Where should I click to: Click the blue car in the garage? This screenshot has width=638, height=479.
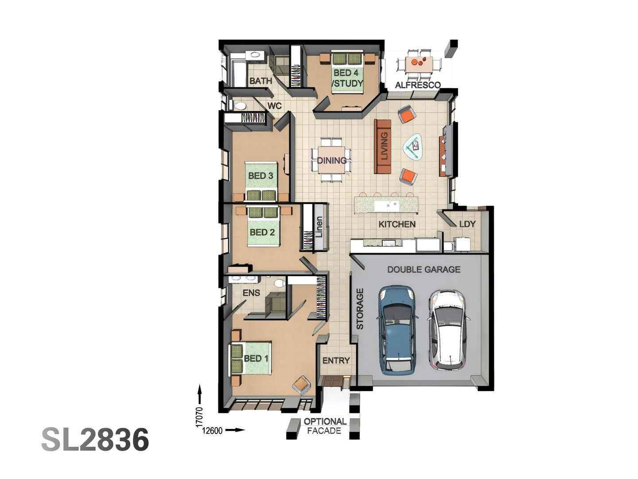click(x=397, y=330)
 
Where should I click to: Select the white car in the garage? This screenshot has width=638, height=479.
click(x=447, y=330)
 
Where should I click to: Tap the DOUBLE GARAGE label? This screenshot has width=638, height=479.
click(x=424, y=269)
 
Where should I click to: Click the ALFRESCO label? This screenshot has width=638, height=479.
click(x=417, y=85)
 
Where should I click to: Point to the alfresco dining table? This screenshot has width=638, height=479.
click(x=419, y=63)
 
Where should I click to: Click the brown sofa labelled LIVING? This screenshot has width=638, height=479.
click(x=383, y=146)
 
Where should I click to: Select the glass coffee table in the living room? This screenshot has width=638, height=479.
click(x=413, y=147)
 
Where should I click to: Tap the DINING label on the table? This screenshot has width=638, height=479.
click(x=331, y=161)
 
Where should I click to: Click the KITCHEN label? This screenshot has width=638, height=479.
click(x=397, y=224)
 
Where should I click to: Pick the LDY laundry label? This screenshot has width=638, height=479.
click(x=467, y=224)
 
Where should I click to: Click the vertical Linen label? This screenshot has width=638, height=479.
click(x=319, y=227)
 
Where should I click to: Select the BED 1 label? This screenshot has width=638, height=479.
click(x=256, y=358)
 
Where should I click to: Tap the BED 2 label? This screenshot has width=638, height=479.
click(x=262, y=232)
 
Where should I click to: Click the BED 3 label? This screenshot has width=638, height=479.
click(x=261, y=176)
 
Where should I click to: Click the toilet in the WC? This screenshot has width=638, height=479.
click(x=240, y=106)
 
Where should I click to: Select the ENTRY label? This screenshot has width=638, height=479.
click(x=336, y=361)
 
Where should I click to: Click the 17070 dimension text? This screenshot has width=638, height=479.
click(x=199, y=417)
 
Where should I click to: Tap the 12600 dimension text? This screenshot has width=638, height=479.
click(x=212, y=431)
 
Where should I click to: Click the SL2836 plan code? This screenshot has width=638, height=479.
click(x=95, y=440)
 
